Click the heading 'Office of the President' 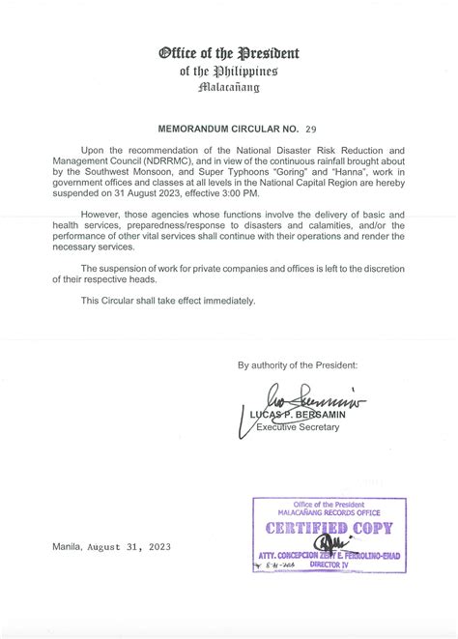229,53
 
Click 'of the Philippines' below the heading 229,71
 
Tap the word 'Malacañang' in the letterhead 229,87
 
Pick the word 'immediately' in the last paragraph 233,301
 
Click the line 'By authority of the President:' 298,364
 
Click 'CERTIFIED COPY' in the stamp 329,528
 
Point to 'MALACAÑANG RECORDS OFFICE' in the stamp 329,512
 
